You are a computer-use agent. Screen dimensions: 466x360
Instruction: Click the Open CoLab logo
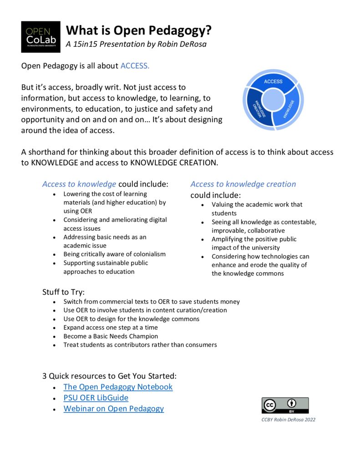(41, 37)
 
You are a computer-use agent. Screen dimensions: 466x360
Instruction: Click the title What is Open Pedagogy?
(139, 30)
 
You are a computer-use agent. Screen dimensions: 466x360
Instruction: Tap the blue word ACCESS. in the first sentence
(135, 66)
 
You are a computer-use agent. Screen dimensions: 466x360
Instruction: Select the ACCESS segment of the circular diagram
(273, 82)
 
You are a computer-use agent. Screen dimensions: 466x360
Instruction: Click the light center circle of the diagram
(273, 99)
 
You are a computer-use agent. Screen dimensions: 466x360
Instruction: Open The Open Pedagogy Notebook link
(118, 387)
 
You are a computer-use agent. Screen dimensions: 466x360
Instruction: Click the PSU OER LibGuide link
(96, 398)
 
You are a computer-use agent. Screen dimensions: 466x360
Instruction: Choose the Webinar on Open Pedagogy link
(113, 409)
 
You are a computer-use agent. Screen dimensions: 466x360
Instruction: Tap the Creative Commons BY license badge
(285, 405)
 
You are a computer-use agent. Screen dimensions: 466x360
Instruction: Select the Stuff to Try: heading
(63, 292)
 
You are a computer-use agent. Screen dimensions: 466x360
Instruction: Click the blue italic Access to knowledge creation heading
(243, 184)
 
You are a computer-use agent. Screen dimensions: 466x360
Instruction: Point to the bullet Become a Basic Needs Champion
(111, 336)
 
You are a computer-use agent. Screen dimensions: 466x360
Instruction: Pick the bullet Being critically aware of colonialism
(114, 254)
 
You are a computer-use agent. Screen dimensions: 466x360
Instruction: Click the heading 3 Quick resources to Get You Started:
(109, 376)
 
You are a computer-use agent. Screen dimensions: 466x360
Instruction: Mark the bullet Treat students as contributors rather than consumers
(140, 345)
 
